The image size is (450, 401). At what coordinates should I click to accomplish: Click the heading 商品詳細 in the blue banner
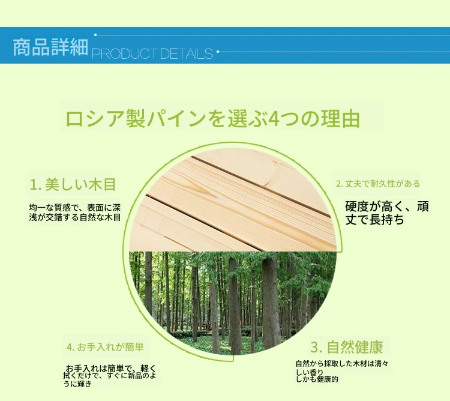pyautogui.click(x=50, y=47)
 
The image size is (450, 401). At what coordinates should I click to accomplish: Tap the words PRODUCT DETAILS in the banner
pyautogui.click(x=152, y=53)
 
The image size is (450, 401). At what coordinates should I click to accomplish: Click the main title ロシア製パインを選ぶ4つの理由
pyautogui.click(x=212, y=118)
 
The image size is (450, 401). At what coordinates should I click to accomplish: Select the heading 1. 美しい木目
pyautogui.click(x=73, y=184)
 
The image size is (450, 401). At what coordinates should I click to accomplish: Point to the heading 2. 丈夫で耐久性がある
pyautogui.click(x=378, y=184)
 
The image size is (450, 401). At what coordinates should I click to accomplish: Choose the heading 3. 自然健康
pyautogui.click(x=347, y=347)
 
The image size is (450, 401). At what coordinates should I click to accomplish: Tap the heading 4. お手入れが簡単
pyautogui.click(x=105, y=348)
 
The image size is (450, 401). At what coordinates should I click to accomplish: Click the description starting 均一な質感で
pyautogui.click(x=74, y=213)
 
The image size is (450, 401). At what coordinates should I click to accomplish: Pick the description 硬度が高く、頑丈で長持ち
pyautogui.click(x=387, y=213)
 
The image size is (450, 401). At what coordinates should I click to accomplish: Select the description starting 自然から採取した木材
pyautogui.click(x=342, y=372)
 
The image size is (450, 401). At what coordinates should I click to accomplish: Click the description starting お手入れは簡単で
pyautogui.click(x=110, y=376)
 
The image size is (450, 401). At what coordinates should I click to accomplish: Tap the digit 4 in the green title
pyautogui.click(x=274, y=119)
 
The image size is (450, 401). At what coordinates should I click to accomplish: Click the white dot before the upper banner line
pyautogui.click(x=95, y=35)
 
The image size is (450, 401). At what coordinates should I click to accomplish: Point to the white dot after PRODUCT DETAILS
pyautogui.click(x=218, y=52)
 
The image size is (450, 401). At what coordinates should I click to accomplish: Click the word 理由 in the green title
pyautogui.click(x=340, y=118)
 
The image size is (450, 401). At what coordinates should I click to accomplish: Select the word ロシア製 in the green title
pyautogui.click(x=106, y=118)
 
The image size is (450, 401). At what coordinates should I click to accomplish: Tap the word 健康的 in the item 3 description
pyautogui.click(x=328, y=379)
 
